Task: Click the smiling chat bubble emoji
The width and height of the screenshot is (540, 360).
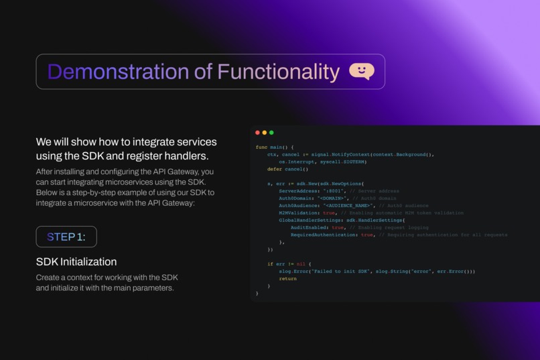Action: click(x=362, y=71)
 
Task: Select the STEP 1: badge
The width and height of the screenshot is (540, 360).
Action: click(x=66, y=237)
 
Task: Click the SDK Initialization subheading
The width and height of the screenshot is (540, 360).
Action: click(x=76, y=261)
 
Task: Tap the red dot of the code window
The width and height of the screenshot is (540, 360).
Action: click(x=258, y=133)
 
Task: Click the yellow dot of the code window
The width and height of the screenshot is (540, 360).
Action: click(x=265, y=133)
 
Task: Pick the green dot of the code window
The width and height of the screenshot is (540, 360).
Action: click(x=271, y=133)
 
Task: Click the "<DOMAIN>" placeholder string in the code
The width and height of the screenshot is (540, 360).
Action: click(x=333, y=198)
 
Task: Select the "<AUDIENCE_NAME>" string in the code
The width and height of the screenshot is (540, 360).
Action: click(x=348, y=206)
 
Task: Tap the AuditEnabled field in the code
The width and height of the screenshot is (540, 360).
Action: click(x=310, y=228)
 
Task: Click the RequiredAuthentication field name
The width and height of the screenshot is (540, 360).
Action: click(x=324, y=235)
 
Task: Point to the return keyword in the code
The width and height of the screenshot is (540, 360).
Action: click(x=287, y=279)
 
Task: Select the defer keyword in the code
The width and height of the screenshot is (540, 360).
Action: click(x=274, y=169)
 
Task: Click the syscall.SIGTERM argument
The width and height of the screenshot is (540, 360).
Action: click(x=342, y=162)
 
